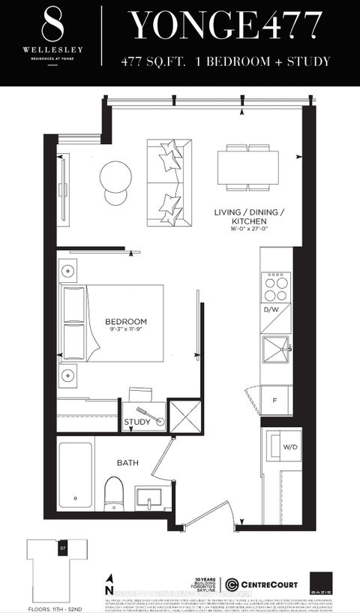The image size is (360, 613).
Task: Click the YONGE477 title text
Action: pyautogui.click(x=229, y=27)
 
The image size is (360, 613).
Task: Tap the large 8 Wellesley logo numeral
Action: pyautogui.click(x=52, y=25)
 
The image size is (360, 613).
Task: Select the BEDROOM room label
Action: pyautogui.click(x=125, y=321)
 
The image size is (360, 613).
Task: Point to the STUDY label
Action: pyautogui.click(x=136, y=422)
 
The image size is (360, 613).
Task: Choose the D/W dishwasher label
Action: pyautogui.click(x=271, y=309)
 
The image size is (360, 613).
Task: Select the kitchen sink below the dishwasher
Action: pyautogui.click(x=274, y=348)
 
